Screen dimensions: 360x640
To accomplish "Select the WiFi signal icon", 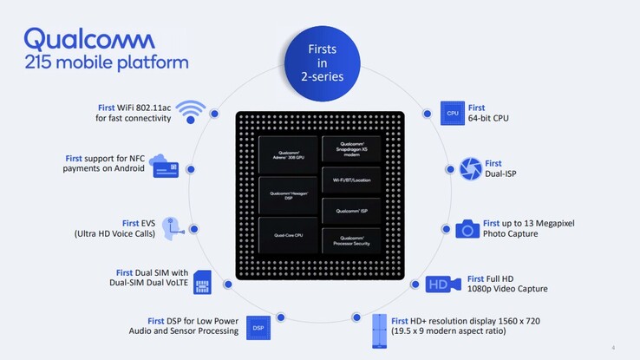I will click(x=191, y=113).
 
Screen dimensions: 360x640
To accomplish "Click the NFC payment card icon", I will click(x=166, y=166).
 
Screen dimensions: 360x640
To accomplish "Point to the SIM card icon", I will click(x=202, y=281).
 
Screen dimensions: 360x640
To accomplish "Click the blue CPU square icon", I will click(x=453, y=114).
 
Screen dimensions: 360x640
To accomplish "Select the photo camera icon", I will click(x=467, y=229).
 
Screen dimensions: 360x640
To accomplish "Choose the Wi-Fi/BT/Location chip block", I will click(x=351, y=180).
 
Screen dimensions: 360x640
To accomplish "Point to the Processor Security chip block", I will click(x=351, y=240).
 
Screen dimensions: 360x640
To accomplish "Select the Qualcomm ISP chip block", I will click(x=351, y=211).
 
